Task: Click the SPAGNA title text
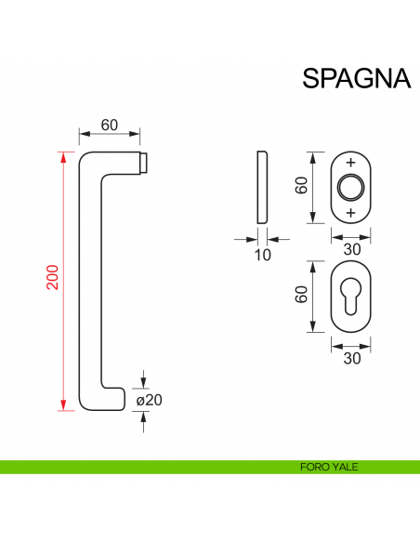tap(356, 78)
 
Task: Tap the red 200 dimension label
tap(53, 278)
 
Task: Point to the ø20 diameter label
tap(149, 400)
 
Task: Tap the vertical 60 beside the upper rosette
tap(301, 187)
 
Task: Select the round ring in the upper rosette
tap(350, 188)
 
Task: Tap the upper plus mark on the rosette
tap(350, 164)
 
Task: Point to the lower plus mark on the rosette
tap(350, 213)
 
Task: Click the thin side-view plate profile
tap(262, 187)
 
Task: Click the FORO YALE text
tap(329, 468)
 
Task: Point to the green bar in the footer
tap(139, 468)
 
